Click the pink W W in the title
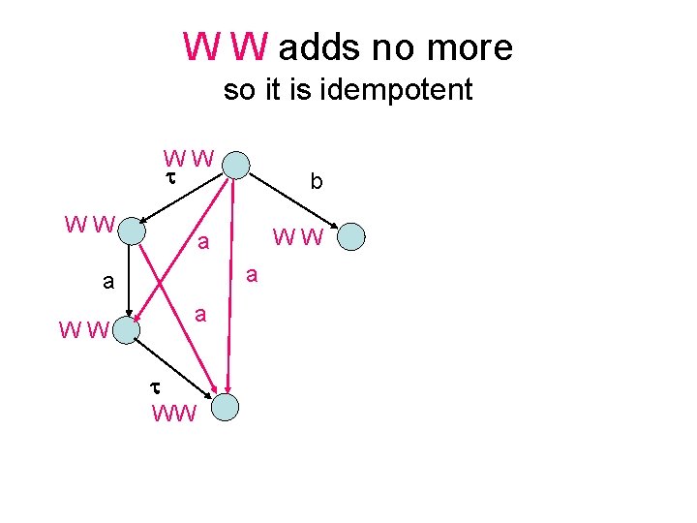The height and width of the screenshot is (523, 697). [226, 46]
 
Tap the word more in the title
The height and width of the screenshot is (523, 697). [470, 46]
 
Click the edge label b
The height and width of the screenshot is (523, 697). [316, 181]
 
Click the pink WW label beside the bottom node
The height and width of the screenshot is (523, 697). [174, 414]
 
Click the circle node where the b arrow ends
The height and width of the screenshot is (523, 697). [351, 236]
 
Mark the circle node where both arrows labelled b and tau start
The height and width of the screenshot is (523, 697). [236, 163]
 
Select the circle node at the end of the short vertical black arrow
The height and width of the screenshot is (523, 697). [126, 329]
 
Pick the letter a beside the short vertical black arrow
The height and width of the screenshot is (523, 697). [109, 283]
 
